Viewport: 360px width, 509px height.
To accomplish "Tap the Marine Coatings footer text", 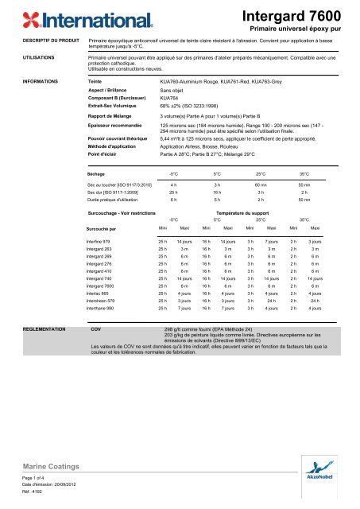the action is point(43,466).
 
